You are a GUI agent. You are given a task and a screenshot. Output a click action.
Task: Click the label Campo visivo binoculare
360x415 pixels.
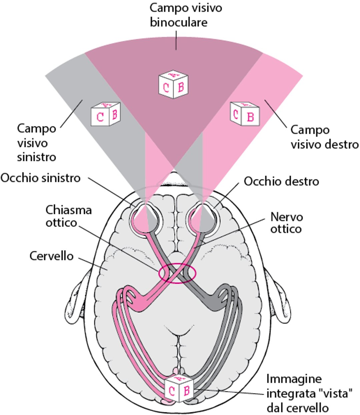point(186,15)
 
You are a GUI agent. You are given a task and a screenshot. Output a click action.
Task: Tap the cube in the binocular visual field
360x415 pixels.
point(173,85)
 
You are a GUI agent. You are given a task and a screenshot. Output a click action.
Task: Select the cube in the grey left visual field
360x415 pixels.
point(106,114)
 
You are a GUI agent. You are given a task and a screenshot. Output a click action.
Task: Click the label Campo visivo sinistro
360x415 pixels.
point(37,143)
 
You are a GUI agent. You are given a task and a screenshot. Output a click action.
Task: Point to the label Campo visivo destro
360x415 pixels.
point(324,137)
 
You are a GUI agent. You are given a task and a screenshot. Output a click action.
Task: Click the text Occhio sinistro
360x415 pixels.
point(40,178)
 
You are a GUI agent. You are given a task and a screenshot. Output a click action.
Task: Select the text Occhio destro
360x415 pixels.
point(281,182)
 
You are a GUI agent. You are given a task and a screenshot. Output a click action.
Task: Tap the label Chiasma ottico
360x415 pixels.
point(68,216)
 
